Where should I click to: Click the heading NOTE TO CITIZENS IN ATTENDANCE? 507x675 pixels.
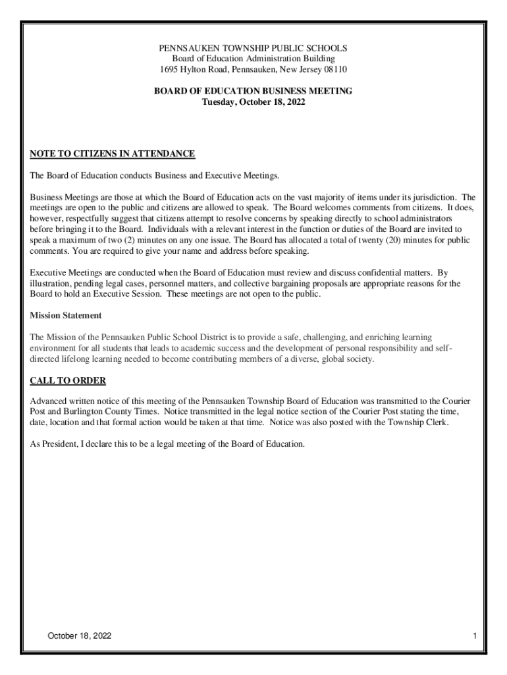pyautogui.click(x=113, y=154)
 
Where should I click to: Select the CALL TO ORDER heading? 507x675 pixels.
pyautogui.click(x=68, y=381)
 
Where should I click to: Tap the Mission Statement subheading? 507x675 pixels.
pyautogui.click(x=66, y=316)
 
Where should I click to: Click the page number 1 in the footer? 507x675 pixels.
pyautogui.click(x=474, y=636)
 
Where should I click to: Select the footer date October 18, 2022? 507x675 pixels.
pyautogui.click(x=79, y=636)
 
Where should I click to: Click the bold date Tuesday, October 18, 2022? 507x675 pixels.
pyautogui.click(x=254, y=102)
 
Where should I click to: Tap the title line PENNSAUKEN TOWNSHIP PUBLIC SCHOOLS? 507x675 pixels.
pyautogui.click(x=254, y=49)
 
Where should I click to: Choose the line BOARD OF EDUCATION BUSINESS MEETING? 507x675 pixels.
pyautogui.click(x=254, y=92)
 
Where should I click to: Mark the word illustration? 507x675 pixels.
pyautogui.click(x=52, y=283)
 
